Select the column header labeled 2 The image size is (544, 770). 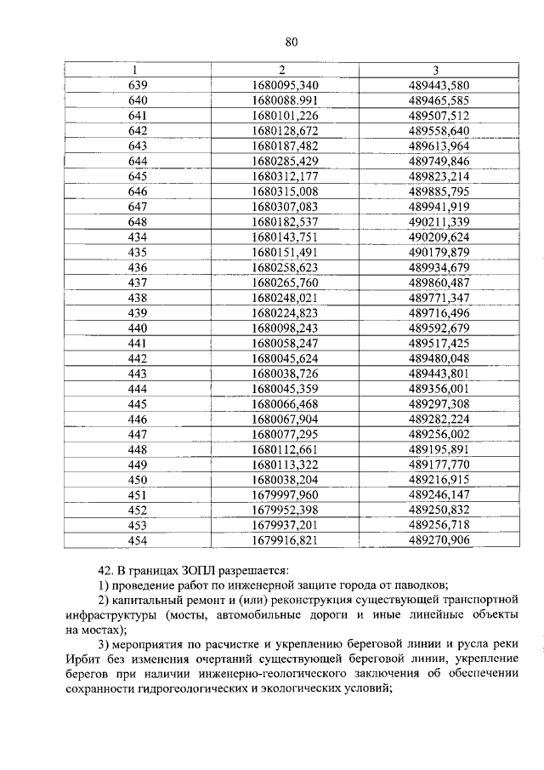(280, 70)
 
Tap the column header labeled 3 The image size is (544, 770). (439, 70)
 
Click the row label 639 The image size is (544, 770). (137, 85)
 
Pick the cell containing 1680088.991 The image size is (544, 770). (285, 100)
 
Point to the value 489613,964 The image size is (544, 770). (439, 145)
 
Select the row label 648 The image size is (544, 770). (137, 222)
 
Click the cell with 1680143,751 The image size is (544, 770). (285, 237)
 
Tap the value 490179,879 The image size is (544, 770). (439, 253)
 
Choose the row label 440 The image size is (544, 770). (137, 328)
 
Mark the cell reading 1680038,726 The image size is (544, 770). (285, 374)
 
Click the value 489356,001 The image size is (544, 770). (439, 390)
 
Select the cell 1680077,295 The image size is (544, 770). (285, 435)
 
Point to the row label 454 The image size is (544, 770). (137, 541)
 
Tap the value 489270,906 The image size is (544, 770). (439, 541)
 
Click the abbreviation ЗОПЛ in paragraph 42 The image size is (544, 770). (196, 569)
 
